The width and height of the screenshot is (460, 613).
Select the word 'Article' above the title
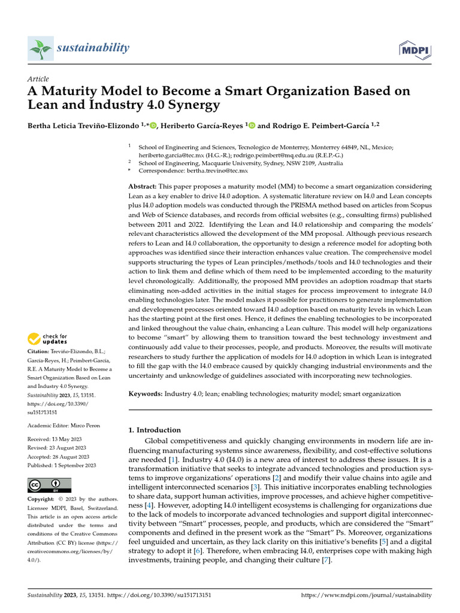(38, 79)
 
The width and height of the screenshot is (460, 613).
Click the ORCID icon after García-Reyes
(251, 125)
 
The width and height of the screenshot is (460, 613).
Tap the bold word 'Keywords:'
(146, 394)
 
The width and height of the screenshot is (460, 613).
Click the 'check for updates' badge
(47, 339)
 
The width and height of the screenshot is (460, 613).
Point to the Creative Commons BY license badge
(49, 485)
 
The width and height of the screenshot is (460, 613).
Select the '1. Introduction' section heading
(155, 430)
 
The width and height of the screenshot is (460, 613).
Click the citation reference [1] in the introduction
(172, 459)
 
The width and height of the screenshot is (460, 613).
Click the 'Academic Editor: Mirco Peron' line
(63, 426)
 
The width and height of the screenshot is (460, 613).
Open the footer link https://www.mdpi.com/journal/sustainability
(365, 596)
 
